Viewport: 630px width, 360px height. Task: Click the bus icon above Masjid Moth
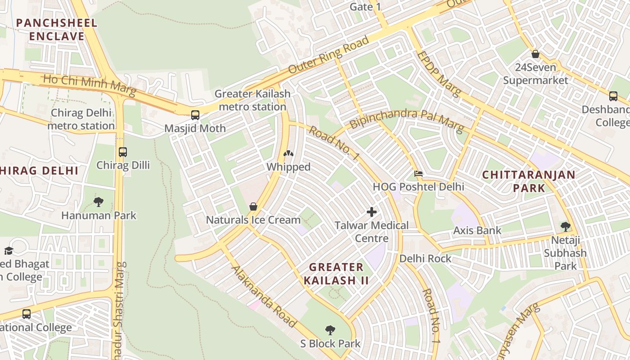click(x=195, y=115)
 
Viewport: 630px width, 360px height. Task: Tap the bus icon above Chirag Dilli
click(x=123, y=152)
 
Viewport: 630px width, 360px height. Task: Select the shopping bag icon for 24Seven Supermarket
click(x=535, y=54)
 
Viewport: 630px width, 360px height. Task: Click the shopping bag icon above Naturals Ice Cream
click(x=253, y=207)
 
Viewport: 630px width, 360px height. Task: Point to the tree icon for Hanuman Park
click(x=99, y=202)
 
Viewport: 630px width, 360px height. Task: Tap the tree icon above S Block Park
click(x=330, y=330)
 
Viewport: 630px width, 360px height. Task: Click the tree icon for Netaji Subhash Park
click(x=565, y=226)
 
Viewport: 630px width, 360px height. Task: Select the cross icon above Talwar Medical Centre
click(x=372, y=211)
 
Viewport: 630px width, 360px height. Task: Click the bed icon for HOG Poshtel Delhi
click(x=418, y=173)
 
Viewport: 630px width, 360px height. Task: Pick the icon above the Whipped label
click(x=288, y=153)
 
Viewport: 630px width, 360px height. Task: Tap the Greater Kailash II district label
click(x=336, y=274)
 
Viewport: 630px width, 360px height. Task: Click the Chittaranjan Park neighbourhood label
click(x=529, y=181)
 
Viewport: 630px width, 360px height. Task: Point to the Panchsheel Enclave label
click(x=57, y=30)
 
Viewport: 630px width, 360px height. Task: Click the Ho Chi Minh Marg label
click(x=89, y=85)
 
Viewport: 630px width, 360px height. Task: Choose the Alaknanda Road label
click(x=264, y=297)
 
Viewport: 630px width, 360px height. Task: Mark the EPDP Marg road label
click(x=439, y=73)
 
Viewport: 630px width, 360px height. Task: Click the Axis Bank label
click(x=477, y=231)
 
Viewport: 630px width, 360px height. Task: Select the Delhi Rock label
click(x=425, y=259)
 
